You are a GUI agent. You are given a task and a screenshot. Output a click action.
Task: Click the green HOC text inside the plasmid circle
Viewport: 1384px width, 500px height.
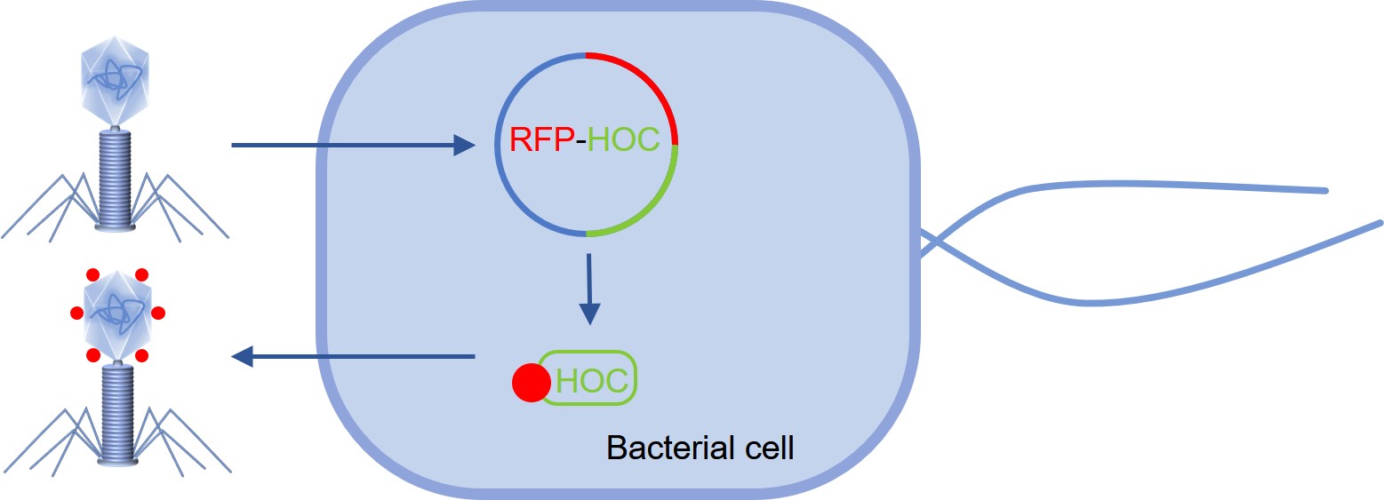tap(624, 140)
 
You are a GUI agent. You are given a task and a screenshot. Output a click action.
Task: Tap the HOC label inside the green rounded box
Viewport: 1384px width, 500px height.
tap(592, 380)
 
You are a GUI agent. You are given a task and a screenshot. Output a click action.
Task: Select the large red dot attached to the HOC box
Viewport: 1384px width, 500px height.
tap(532, 383)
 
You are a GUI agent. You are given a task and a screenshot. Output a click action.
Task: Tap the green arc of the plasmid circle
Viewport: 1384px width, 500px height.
tap(653, 205)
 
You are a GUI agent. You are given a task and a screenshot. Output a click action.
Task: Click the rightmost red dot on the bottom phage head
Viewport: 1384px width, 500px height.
tap(158, 313)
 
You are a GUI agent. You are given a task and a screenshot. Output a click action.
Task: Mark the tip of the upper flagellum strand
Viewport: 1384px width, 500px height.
tap(1324, 191)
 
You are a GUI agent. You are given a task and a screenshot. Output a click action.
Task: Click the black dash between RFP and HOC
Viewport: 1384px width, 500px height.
tap(578, 142)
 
